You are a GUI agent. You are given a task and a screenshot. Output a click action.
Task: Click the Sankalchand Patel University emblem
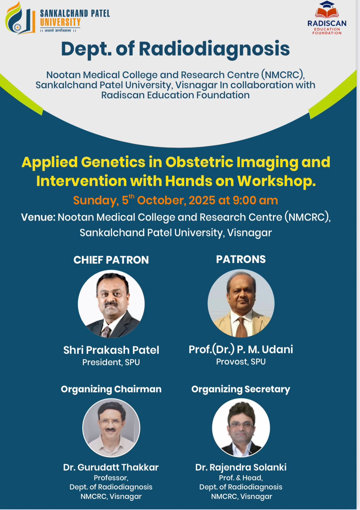(20, 18)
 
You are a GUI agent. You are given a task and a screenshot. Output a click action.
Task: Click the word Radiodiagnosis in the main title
(214, 49)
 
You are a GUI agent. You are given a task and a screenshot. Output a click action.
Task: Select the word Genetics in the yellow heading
(113, 162)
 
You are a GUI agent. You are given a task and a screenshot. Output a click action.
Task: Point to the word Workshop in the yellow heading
(277, 181)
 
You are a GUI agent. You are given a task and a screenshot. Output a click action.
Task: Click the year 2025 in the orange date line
(202, 200)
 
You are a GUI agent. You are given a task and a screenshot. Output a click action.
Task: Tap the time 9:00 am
(255, 200)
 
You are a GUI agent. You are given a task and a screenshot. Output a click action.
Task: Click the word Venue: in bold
(38, 217)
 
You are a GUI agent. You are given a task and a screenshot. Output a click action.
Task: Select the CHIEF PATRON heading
(111, 260)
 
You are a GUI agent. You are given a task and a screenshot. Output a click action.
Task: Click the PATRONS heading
(241, 259)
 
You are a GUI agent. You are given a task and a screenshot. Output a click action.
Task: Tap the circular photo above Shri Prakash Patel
(111, 304)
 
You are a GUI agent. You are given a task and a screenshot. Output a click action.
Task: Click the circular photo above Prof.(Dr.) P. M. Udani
(241, 303)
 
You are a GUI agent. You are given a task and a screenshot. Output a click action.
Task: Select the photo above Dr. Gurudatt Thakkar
(111, 428)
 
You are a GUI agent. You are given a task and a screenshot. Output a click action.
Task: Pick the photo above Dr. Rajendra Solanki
(241, 427)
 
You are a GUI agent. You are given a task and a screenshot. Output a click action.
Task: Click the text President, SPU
(111, 362)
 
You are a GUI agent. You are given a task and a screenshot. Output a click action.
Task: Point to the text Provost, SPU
(241, 361)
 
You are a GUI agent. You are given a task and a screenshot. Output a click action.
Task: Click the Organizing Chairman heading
(111, 389)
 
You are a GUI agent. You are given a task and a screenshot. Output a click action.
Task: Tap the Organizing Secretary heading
(241, 389)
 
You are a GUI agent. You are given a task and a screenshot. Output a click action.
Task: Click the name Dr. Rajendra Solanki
(241, 467)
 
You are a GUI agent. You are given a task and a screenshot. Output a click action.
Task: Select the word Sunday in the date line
(96, 201)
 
